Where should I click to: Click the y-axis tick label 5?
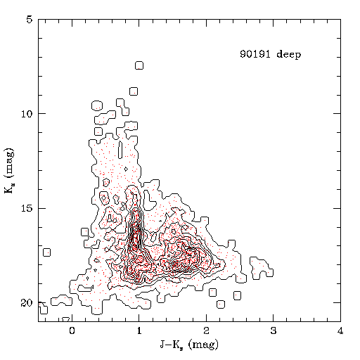30,20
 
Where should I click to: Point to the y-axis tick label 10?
27,114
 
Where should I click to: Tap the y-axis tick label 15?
27,209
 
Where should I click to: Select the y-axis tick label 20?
27,303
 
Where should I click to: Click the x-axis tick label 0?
72,330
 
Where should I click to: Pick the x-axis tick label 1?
139,330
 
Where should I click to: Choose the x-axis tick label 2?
206,330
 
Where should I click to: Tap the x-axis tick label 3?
274,330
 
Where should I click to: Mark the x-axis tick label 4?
340,330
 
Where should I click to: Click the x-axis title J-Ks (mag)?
189,345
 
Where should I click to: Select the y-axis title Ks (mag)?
9,171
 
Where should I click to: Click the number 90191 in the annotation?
255,54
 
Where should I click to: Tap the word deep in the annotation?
289,54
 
